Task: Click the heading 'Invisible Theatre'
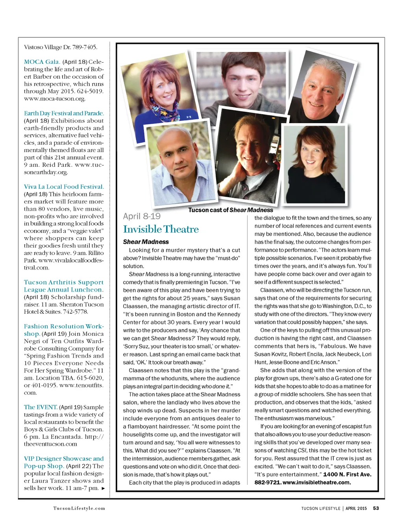161,229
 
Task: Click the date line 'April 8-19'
142,216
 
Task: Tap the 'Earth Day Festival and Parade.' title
64,113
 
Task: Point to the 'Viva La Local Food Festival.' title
64,187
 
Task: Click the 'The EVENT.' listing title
41,407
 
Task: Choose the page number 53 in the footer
376,508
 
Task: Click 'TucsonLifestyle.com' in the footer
79,508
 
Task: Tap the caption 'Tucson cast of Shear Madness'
230,210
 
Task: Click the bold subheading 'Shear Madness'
146,242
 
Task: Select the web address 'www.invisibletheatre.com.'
316,482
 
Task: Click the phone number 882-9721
267,482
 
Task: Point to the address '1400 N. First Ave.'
347,474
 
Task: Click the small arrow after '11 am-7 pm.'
103,488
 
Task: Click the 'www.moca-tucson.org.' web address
54,99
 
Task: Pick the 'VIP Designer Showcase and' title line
64,458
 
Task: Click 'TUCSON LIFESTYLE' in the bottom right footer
320,508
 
